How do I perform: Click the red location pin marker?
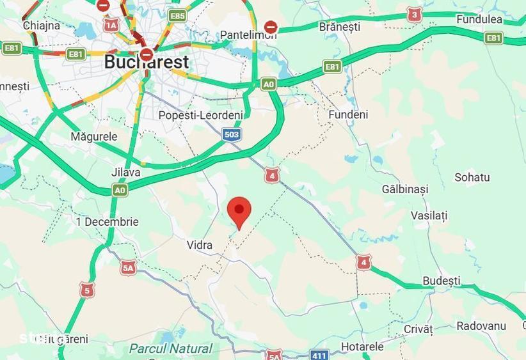[239, 210]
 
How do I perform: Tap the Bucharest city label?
[146, 62]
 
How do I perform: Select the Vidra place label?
[199, 245]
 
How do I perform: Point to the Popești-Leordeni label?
[200, 115]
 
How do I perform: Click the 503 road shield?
[232, 134]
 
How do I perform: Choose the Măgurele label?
[94, 137]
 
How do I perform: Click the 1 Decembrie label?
[107, 222]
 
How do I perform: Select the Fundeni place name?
[348, 114]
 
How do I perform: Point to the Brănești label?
[339, 27]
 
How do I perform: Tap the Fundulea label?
[479, 19]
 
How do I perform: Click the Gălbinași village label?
[404, 189]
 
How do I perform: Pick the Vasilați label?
[429, 215]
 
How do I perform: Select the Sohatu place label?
[472, 177]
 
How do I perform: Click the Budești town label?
[441, 281]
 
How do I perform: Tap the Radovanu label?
[481, 326]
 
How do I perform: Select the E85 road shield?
[177, 15]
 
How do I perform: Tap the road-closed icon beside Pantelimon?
[271, 27]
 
